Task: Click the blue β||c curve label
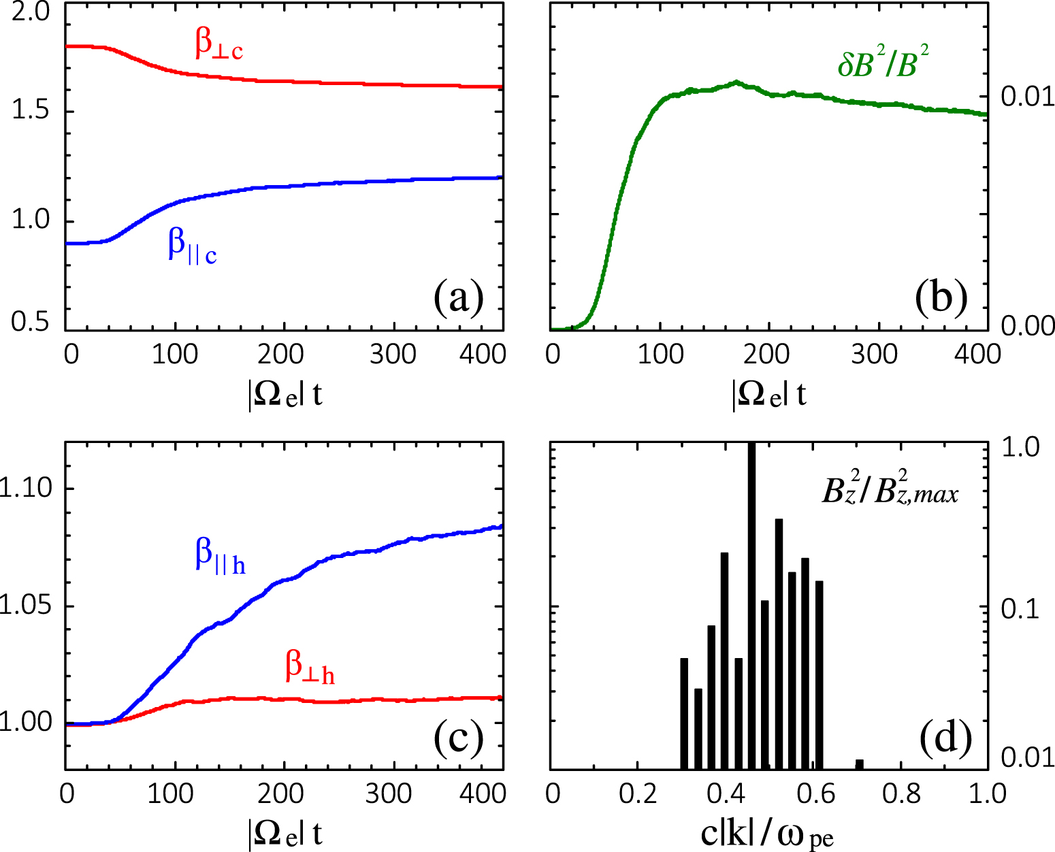point(193,246)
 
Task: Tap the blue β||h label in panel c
point(220,556)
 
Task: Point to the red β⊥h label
point(310,666)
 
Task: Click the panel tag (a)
point(459,297)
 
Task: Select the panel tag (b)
point(941,297)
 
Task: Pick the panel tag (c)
point(459,738)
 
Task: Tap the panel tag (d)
point(945,738)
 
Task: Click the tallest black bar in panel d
point(751,606)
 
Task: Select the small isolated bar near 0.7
point(859,764)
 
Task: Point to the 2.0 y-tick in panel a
point(31,13)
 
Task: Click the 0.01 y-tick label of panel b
point(1027,97)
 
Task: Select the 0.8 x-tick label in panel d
point(901,793)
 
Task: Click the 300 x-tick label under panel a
point(393,354)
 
